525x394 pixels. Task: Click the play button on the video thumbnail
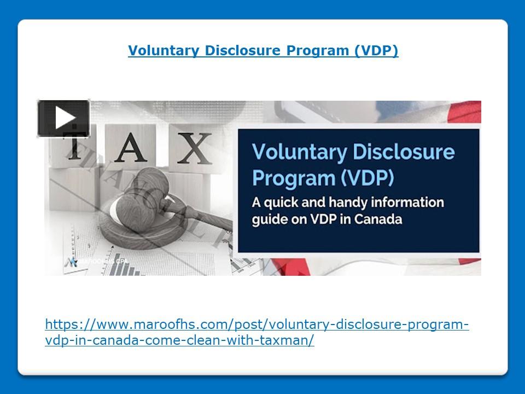pos(63,118)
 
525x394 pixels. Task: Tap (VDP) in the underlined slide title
pos(376,51)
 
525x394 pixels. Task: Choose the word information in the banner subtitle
pos(412,202)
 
